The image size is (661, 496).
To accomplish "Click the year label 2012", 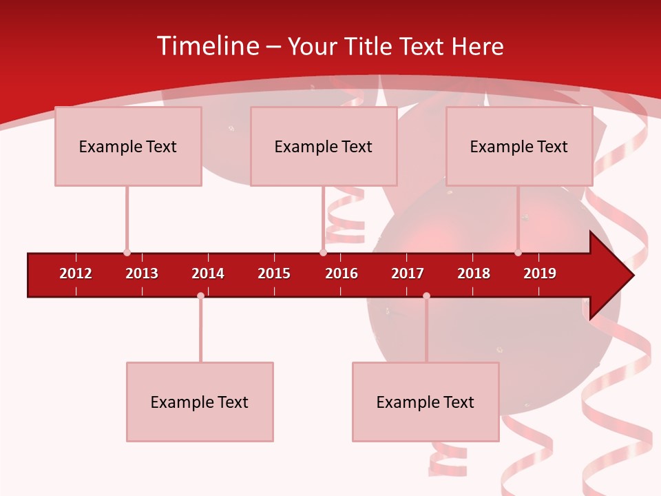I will coord(76,273).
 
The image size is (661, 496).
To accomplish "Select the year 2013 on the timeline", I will coord(142,273).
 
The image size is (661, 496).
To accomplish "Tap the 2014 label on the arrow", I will coord(208,273).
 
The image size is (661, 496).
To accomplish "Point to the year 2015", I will coord(274,273).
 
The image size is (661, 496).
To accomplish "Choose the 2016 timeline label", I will coord(342,273).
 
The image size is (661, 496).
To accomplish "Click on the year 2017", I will coord(408,273).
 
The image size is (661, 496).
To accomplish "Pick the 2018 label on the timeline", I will coord(474,273).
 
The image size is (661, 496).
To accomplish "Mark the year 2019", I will coord(540,273).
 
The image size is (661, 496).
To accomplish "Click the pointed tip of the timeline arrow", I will coord(631,276).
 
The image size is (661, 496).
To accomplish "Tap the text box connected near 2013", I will coord(128,146).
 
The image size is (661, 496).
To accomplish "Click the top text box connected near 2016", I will coord(324,146).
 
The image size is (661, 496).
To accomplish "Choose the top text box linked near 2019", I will coord(519,146).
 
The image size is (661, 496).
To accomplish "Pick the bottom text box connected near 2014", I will coord(200,402).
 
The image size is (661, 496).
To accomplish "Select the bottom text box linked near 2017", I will coord(426,402).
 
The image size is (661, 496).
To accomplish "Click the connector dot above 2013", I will coord(127,253).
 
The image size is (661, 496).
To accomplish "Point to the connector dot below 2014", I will coord(200,296).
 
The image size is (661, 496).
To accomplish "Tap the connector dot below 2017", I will coord(426,296).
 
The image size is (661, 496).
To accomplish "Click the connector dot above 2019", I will coord(518,253).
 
